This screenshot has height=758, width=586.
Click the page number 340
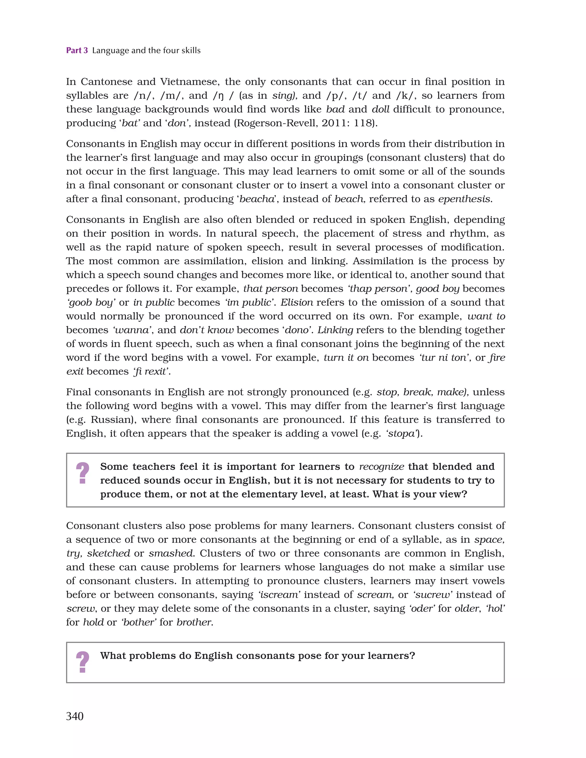[x=75, y=716]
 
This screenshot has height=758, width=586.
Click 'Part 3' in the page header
[x=77, y=50]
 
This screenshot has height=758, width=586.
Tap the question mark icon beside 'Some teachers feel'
[x=82, y=473]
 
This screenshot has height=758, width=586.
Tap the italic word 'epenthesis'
[x=464, y=199]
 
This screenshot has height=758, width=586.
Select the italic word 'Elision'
[x=297, y=303]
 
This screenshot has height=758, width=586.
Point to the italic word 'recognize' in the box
[x=381, y=467]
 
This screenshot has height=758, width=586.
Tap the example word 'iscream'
[x=279, y=595]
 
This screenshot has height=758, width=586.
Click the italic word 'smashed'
[x=171, y=553]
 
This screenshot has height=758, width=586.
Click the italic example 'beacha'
[x=257, y=199]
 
